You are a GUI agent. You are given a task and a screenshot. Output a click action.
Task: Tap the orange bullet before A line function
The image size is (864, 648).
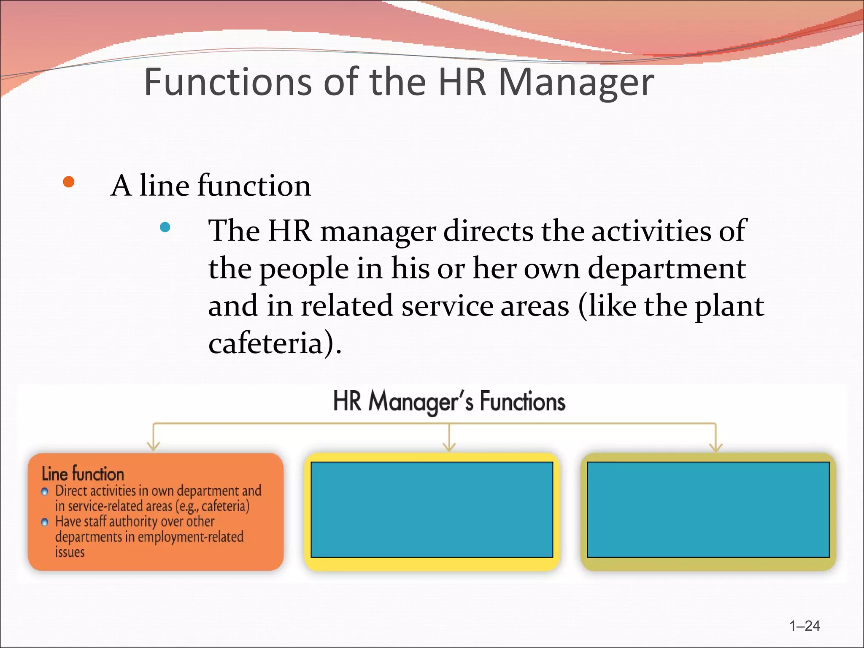click(x=68, y=182)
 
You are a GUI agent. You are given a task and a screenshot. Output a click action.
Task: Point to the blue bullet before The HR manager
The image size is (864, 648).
click(x=165, y=227)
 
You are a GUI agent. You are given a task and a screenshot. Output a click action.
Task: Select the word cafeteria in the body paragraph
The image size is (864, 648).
click(x=266, y=343)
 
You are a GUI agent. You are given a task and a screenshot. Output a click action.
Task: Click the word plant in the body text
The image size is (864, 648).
click(x=729, y=307)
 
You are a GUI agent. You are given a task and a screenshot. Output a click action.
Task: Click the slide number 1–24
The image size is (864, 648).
click(x=805, y=626)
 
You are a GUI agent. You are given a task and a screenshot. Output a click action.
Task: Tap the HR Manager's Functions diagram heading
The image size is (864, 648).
click(x=449, y=401)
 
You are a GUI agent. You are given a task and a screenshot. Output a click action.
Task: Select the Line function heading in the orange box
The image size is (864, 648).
click(x=83, y=474)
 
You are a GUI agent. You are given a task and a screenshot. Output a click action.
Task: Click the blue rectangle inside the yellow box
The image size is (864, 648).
click(x=432, y=510)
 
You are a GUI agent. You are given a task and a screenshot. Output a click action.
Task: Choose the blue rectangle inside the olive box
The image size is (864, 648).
click(x=708, y=510)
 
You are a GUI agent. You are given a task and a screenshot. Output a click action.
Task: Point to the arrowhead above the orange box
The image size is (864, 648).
click(x=153, y=446)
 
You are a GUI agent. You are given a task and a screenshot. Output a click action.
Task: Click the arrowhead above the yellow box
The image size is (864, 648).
click(x=449, y=446)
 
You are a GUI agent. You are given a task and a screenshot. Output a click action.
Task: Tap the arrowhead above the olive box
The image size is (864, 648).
click(x=716, y=446)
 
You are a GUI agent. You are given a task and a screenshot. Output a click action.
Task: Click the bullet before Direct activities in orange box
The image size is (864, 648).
click(x=45, y=492)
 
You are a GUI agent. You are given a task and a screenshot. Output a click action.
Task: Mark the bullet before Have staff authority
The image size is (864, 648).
click(x=45, y=522)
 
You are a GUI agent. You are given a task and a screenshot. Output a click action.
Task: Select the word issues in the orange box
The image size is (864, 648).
click(x=70, y=552)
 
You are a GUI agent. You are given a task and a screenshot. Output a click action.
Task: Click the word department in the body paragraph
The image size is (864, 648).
click(x=667, y=269)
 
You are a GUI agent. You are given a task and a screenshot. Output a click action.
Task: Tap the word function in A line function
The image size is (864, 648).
click(x=254, y=186)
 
